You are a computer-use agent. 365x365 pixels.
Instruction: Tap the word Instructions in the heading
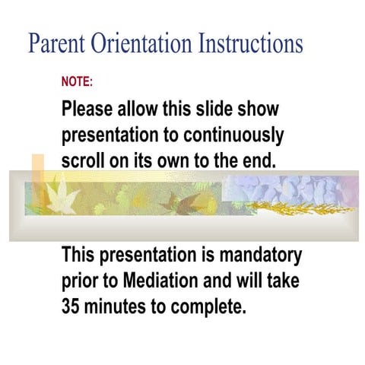[x=250, y=43]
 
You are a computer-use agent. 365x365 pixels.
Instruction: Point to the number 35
[x=73, y=307]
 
